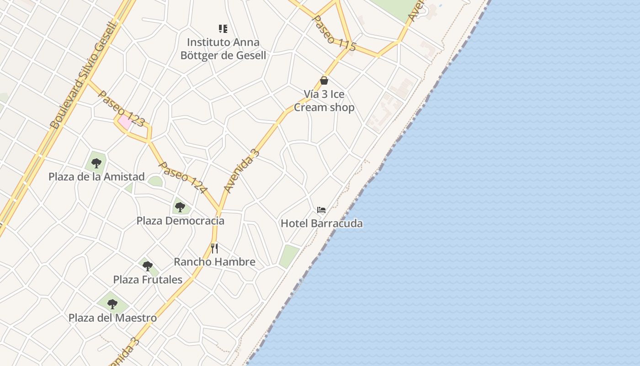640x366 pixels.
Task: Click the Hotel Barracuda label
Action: pyautogui.click(x=321, y=223)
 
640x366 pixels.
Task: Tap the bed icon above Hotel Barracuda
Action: pyautogui.click(x=321, y=210)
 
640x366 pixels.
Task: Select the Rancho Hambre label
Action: pyautogui.click(x=214, y=262)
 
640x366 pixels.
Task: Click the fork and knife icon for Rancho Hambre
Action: pyautogui.click(x=214, y=248)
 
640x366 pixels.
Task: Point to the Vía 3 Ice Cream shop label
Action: pyautogui.click(x=324, y=101)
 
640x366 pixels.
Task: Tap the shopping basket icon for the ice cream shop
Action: pyautogui.click(x=324, y=81)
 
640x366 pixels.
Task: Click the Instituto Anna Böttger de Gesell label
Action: pyautogui.click(x=223, y=49)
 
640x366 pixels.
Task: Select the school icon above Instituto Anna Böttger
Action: pyautogui.click(x=223, y=29)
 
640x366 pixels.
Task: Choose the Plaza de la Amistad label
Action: pyautogui.click(x=96, y=177)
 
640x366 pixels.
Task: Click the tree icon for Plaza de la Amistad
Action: pyautogui.click(x=96, y=163)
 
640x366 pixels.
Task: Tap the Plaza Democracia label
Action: pyautogui.click(x=180, y=221)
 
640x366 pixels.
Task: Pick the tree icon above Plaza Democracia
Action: pyautogui.click(x=180, y=207)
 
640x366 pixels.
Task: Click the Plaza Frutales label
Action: pyautogui.click(x=148, y=280)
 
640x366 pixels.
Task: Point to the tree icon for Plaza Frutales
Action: pyautogui.click(x=147, y=266)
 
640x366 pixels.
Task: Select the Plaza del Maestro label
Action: pyautogui.click(x=112, y=318)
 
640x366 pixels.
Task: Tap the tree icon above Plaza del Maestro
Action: pyautogui.click(x=112, y=304)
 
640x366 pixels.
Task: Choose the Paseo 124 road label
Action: pyautogui.click(x=183, y=178)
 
